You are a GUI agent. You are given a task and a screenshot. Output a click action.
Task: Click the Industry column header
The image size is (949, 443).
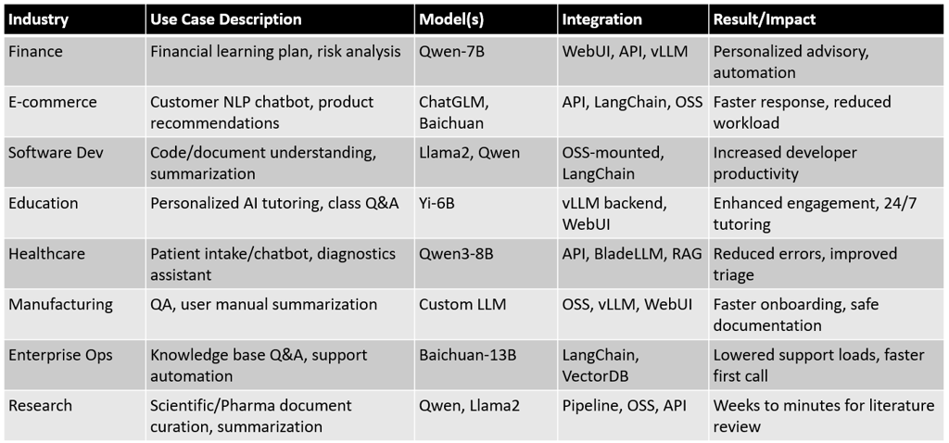[x=38, y=19]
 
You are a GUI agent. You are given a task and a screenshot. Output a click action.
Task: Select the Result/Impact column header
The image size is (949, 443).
[x=763, y=19]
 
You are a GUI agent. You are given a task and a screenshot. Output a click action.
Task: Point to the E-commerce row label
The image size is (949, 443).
[x=53, y=102]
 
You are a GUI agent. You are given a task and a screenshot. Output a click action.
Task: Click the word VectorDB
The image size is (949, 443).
[x=596, y=376]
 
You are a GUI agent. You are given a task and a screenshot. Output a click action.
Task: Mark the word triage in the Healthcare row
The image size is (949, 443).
[x=734, y=275]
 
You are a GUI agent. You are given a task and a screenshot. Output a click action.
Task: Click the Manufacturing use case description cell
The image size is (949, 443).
[x=264, y=304]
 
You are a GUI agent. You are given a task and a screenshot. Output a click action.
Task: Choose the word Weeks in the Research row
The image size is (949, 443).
[x=735, y=406]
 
